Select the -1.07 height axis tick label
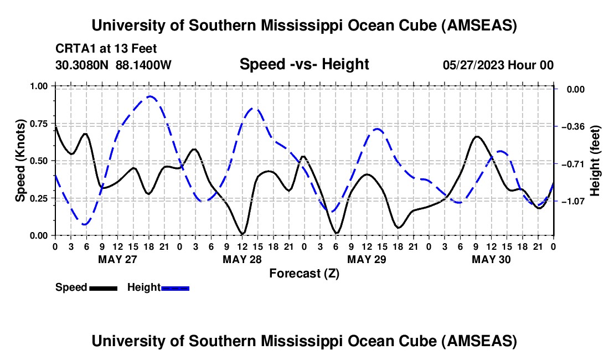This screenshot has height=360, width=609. click(572, 201)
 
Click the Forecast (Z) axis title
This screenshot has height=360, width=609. click(304, 273)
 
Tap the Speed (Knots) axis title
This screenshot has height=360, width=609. click(20, 161)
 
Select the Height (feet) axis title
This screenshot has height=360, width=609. click(595, 161)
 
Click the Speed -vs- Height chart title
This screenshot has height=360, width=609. click(304, 64)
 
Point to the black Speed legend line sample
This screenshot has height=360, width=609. click(103, 288)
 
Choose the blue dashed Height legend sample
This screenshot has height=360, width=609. click(176, 288)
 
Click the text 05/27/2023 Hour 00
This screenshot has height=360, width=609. click(498, 65)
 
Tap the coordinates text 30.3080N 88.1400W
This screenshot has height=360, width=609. click(113, 65)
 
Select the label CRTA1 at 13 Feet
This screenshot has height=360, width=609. click(106, 49)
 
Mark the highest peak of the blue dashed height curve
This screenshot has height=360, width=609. click(149, 96)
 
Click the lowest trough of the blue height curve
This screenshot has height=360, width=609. click(85, 224)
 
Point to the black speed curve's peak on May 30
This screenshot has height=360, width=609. click(477, 136)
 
